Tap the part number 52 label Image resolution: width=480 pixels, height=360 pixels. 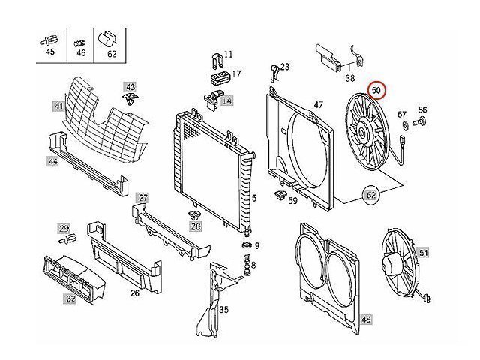[x=371, y=195]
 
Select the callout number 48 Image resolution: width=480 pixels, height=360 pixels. [x=366, y=319]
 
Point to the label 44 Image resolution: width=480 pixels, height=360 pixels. [x=53, y=161]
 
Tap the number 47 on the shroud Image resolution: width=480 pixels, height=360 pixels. [x=318, y=104]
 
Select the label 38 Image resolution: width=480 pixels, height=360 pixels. [x=349, y=77]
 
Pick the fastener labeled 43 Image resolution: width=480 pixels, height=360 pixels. [x=132, y=98]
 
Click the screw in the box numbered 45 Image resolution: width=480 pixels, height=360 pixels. [x=49, y=37]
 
